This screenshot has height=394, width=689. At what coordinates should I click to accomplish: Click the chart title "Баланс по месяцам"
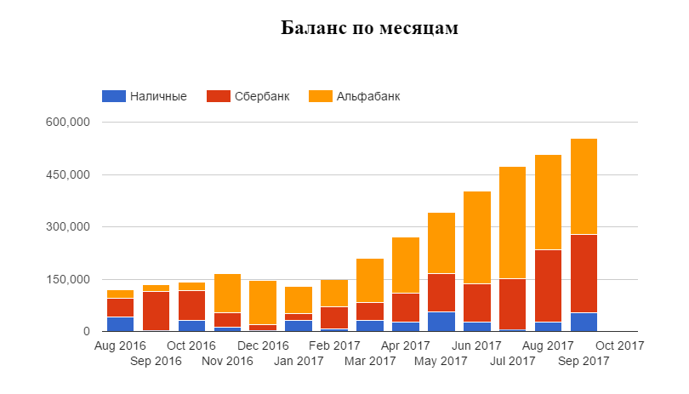pos(369,29)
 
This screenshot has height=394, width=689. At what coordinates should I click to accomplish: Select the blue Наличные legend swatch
pos(113,96)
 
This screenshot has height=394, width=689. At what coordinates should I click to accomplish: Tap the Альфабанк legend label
pos(367,96)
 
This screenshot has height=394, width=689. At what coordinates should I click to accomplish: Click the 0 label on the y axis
pos(85,331)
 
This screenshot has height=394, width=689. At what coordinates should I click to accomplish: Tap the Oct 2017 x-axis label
pos(619,345)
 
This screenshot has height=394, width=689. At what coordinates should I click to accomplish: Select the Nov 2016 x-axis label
pos(226,361)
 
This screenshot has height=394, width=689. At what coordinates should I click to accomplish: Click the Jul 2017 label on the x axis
pos(512,361)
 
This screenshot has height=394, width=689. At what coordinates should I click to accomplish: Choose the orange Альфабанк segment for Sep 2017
pos(584,186)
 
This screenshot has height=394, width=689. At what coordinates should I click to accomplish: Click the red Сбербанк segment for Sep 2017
pos(584,273)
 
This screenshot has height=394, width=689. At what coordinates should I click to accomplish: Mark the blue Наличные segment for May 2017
pos(441,322)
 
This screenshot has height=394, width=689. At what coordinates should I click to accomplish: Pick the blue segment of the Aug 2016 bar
pos(120,323)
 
